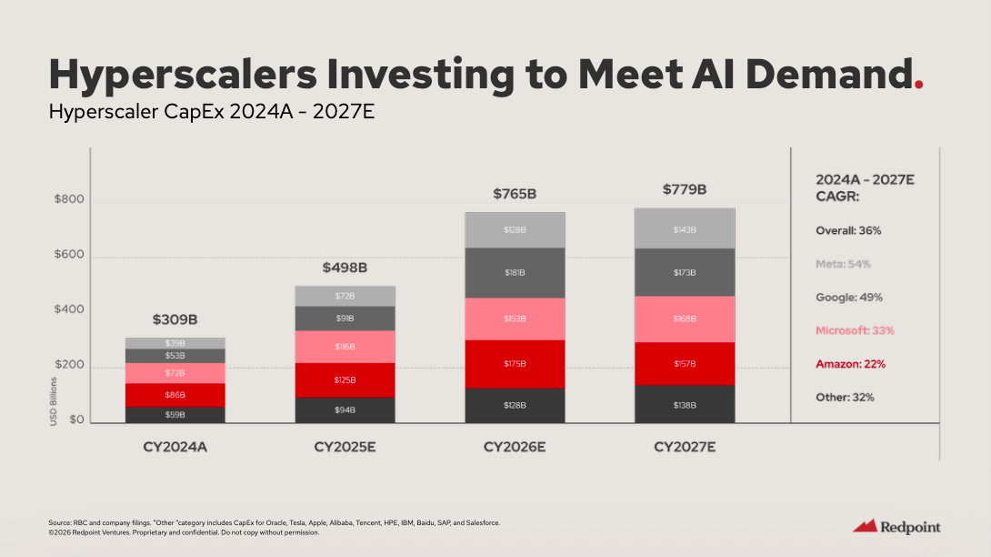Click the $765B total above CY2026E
(x=515, y=194)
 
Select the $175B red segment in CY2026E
(x=515, y=364)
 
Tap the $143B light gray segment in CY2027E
(x=685, y=229)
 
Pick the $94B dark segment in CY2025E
(x=345, y=410)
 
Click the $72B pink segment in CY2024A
(x=175, y=373)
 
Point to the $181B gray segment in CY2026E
(x=515, y=272)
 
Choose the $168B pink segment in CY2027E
(x=685, y=319)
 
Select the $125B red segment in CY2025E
(x=345, y=380)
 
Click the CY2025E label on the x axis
(x=345, y=448)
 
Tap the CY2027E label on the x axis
(x=685, y=448)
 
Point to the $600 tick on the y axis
(x=70, y=255)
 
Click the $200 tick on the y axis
(x=70, y=365)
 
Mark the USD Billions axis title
(x=53, y=401)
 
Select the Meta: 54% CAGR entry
(x=843, y=264)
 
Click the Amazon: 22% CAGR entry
(x=850, y=364)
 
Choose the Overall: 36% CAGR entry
(x=848, y=230)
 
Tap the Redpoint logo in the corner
(x=896, y=527)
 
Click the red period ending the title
(x=919, y=85)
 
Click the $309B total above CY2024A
(x=175, y=320)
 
